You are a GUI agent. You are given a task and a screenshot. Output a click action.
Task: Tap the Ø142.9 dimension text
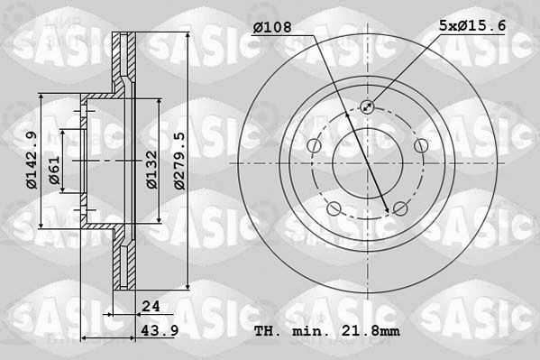click(x=31, y=161)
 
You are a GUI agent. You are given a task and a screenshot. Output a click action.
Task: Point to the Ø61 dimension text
click(x=55, y=170)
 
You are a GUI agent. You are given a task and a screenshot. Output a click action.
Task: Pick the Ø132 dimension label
click(x=154, y=165)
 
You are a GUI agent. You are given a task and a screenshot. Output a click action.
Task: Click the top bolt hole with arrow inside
click(x=367, y=106)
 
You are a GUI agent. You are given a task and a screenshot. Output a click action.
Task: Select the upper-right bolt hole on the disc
click(x=419, y=145)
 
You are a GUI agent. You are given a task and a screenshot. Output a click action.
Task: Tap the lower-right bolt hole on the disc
click(x=399, y=209)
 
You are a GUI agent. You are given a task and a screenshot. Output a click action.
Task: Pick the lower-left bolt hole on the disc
click(x=334, y=209)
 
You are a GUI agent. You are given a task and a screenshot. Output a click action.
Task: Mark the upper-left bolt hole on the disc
click(x=314, y=145)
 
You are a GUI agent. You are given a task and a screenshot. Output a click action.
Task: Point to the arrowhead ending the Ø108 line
click(x=388, y=211)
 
